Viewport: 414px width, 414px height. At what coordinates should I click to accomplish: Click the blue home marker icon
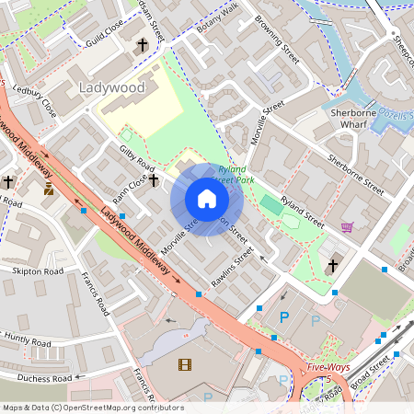click(x=207, y=199)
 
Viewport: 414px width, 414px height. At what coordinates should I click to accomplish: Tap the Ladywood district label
click(x=112, y=87)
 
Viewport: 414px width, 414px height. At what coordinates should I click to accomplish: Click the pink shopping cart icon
click(x=347, y=227)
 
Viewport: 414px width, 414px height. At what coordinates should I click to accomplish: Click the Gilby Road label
click(x=135, y=155)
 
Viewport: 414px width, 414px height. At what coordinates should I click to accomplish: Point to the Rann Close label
click(x=124, y=190)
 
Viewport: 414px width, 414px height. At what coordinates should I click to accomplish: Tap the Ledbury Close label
click(x=36, y=102)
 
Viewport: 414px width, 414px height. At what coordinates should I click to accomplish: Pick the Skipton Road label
click(x=38, y=272)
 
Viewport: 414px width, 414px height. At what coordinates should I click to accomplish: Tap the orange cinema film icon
click(x=186, y=364)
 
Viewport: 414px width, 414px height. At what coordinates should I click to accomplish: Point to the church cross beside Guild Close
click(x=142, y=44)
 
